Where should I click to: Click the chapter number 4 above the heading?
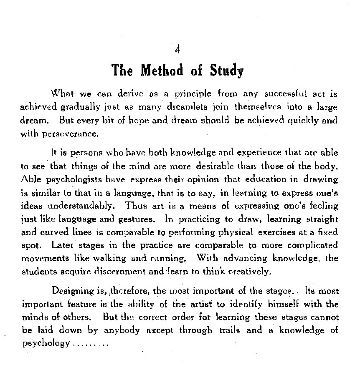178,50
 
